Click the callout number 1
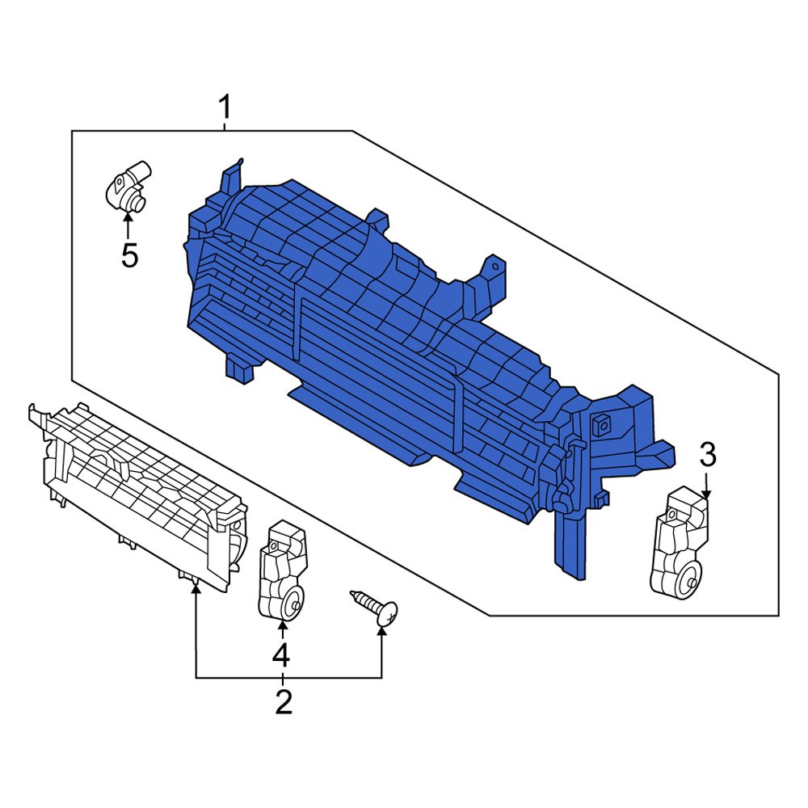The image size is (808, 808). [225, 107]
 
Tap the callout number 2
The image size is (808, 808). [283, 701]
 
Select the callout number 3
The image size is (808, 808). [707, 456]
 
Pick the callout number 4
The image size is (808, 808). [280, 654]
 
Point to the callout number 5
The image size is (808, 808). [129, 256]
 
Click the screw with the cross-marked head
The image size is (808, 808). [374, 607]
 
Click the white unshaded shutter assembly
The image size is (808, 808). [137, 493]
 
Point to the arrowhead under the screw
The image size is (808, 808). [381, 632]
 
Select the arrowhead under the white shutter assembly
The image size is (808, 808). [196, 589]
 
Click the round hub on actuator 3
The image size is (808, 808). [688, 579]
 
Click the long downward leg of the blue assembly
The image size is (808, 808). [570, 541]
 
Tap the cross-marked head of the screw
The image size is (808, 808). [388, 615]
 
